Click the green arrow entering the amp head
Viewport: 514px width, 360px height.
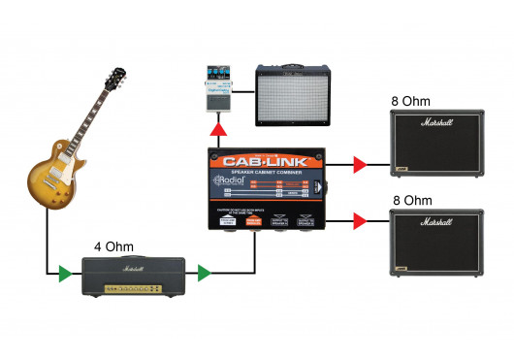coord(64,274)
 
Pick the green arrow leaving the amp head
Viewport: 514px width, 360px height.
coord(204,274)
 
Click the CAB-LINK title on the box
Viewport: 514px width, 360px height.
coord(267,161)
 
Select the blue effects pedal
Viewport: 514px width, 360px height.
coord(217,87)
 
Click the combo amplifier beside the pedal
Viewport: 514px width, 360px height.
coord(291,94)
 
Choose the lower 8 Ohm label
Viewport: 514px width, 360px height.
coord(412,199)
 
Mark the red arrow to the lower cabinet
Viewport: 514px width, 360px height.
coord(360,222)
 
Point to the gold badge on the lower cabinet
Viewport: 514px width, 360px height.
coord(401,269)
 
